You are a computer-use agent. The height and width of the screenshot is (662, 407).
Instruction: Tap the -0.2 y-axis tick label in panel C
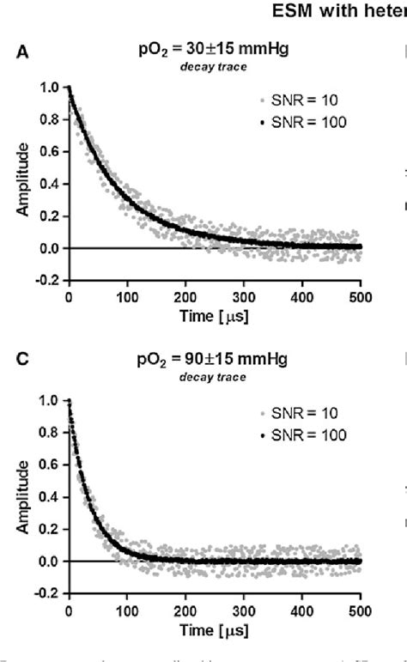coord(50,593)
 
